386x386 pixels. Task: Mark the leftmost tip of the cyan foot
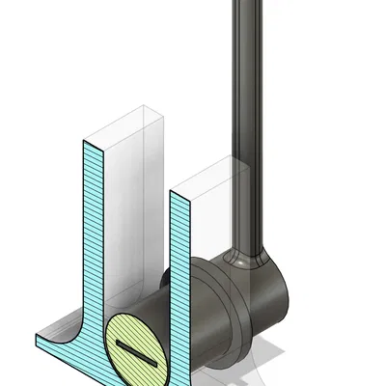coord(36,339)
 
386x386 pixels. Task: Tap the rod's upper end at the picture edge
coord(247,4)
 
